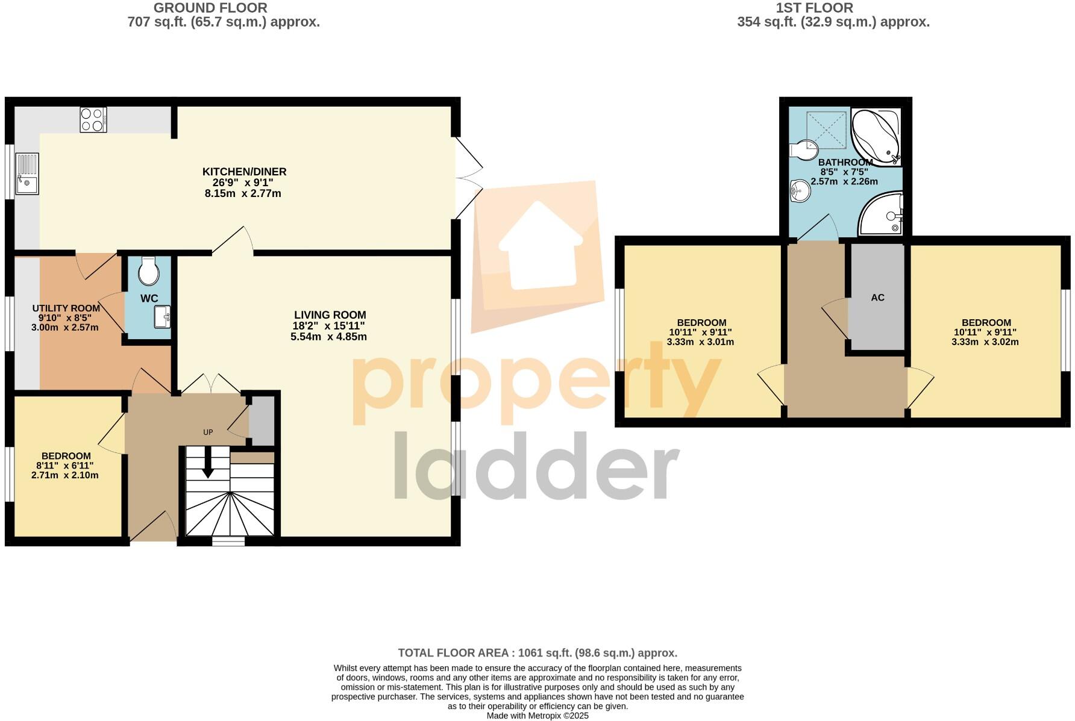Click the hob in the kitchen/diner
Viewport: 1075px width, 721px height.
93,119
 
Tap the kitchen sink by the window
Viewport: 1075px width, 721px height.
27,174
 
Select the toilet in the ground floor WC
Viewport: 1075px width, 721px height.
148,272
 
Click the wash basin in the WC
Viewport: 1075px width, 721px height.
162,317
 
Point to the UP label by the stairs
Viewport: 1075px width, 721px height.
208,432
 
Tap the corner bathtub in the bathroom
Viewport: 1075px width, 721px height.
876,137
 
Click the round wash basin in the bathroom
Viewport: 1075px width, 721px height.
800,192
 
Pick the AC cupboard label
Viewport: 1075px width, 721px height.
877,298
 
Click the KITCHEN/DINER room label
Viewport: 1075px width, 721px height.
244,172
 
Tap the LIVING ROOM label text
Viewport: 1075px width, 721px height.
330,314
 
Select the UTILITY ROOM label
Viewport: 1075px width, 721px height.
66,308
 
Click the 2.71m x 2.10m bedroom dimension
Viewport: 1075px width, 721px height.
64,475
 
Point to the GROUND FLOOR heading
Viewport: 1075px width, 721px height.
210,8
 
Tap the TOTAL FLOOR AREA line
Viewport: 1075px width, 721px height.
537,653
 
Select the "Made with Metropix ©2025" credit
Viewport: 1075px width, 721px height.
537,716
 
